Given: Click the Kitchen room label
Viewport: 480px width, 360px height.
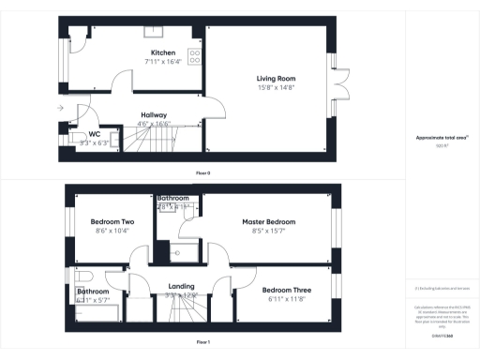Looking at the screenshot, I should point(164,52).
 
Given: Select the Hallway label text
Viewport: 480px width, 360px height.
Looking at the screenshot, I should point(140,114).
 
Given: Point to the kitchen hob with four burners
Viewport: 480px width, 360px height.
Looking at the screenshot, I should point(195,56).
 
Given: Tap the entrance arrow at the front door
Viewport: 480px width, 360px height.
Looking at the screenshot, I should point(61,109).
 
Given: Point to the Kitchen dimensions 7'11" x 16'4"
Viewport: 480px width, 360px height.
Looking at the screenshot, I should point(164,62).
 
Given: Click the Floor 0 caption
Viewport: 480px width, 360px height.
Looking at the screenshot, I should point(202,173).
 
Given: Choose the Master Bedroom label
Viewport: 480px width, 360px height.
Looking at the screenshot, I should point(268,222).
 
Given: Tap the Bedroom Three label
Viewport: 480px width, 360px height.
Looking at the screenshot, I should point(282,290).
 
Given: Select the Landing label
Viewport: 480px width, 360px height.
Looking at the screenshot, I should point(180,286).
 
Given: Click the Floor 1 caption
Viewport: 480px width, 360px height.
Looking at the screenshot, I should point(202,343).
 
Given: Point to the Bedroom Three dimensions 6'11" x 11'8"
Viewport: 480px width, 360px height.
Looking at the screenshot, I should point(282,299).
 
